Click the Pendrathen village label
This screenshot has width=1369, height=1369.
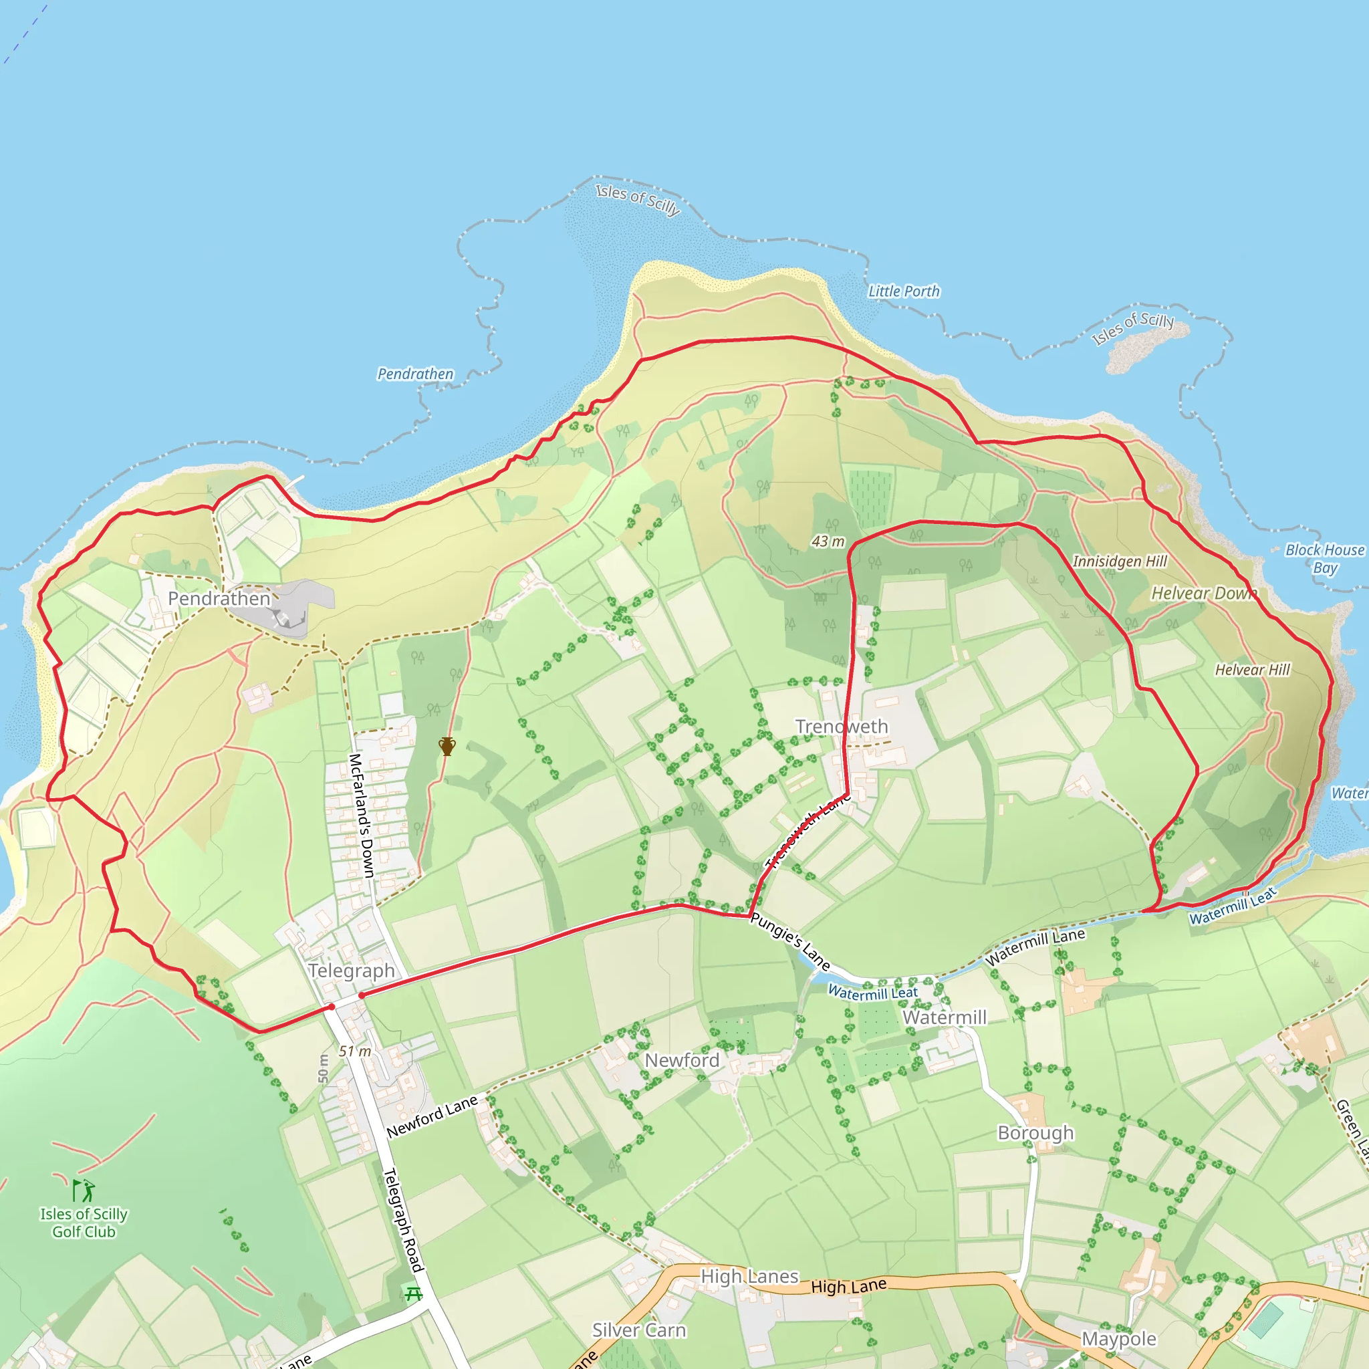pos(219,599)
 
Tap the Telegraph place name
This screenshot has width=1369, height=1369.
pos(351,971)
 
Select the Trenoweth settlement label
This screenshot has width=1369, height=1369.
pos(841,727)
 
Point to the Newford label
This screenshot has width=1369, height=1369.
pos(682,1060)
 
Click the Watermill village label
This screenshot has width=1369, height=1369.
pos(944,1017)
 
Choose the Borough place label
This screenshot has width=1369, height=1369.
pos(1035,1132)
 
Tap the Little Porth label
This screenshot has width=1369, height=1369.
pos(904,291)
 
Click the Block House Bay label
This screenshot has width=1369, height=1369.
pos(1324,558)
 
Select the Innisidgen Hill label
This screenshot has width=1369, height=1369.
pos(1120,562)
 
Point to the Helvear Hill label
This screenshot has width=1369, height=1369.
pos(1252,670)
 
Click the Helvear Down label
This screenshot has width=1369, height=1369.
pos(1203,593)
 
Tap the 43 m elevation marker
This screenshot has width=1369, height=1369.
pos(828,541)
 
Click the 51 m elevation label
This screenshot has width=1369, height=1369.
pos(354,1051)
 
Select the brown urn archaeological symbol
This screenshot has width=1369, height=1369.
pos(447,746)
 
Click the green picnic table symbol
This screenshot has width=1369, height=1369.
pos(413,1295)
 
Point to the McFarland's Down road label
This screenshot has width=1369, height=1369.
pos(362,815)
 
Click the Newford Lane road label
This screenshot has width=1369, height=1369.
pos(432,1117)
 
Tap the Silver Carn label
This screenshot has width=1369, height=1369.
pos(639,1330)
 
